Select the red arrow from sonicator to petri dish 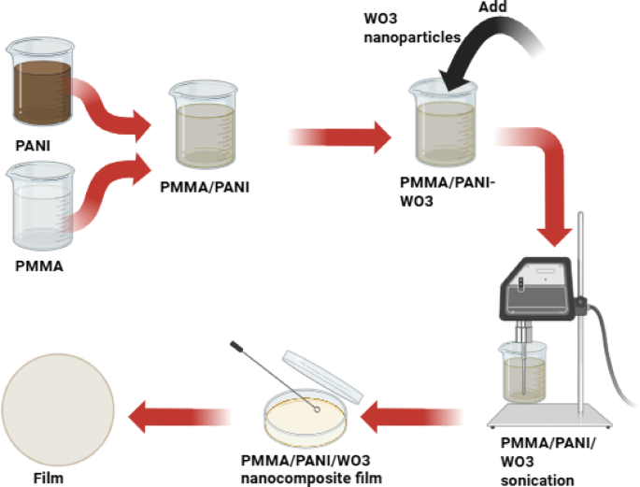point(411,412)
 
